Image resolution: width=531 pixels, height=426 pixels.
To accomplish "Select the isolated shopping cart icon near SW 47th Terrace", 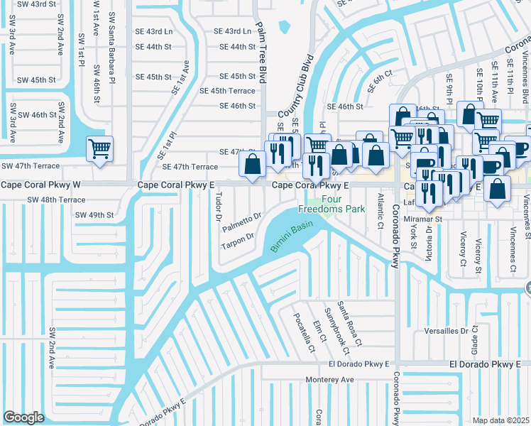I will (99, 149).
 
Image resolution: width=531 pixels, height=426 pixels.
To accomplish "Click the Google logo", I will (23, 417).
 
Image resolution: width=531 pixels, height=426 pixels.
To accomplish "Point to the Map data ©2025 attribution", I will (500, 420).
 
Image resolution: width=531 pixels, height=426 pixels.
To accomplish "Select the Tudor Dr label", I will (218, 205).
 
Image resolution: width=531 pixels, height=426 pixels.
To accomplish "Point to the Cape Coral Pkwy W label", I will (42, 185).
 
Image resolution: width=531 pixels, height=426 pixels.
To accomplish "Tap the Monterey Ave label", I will (331, 380).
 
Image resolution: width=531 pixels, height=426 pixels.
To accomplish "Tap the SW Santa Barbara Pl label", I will (111, 30).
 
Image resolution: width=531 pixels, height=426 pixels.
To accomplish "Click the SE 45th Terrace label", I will (227, 91).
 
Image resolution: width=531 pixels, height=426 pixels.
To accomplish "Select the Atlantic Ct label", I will (381, 207).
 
